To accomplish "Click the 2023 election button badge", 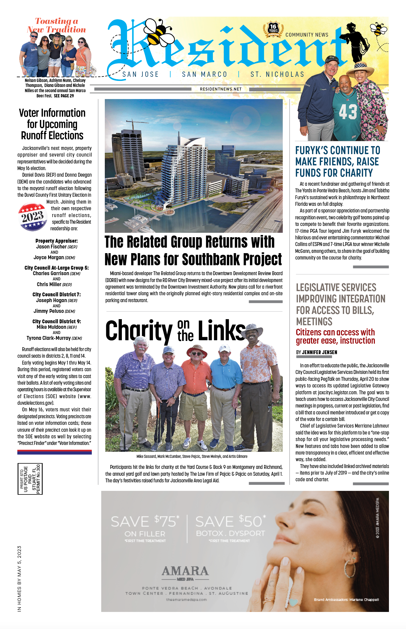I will pyautogui.click(x=32, y=217).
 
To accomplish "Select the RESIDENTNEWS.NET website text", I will pyautogui.click(x=221, y=89).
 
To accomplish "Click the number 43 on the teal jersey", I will pyautogui.click(x=348, y=112).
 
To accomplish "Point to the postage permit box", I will pyautogui.click(x=30, y=479).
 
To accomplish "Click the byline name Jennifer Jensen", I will pyautogui.click(x=319, y=352).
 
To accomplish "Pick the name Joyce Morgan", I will pyautogui.click(x=49, y=258).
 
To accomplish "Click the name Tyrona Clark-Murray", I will pyautogui.click(x=49, y=338).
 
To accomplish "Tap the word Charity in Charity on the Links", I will pyautogui.click(x=139, y=331).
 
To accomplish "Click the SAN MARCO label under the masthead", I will pyautogui.click(x=205, y=75).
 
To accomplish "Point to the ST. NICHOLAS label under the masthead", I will pyautogui.click(x=277, y=75).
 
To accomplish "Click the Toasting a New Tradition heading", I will pyautogui.click(x=57, y=25).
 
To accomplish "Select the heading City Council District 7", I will pyautogui.click(x=56, y=295).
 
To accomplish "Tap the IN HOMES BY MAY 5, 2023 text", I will pyautogui.click(x=19, y=579).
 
